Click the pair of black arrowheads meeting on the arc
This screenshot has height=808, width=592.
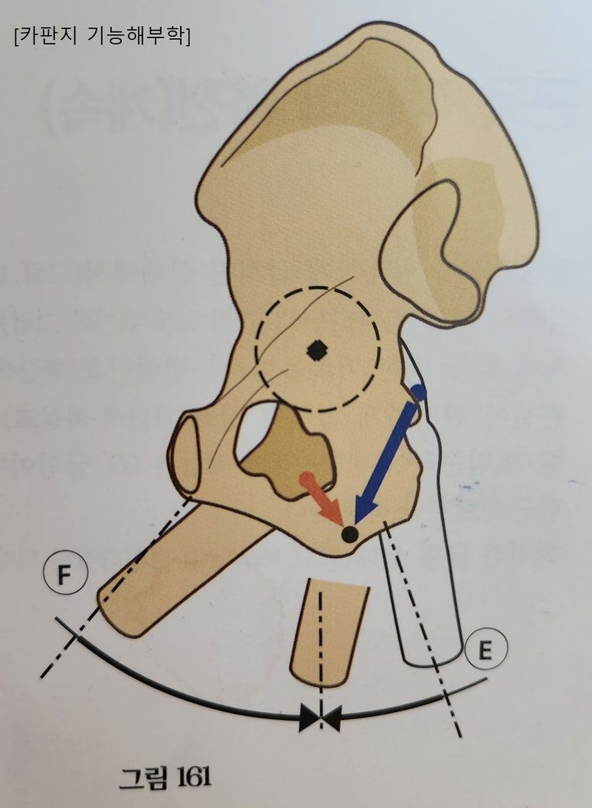pos(320,718)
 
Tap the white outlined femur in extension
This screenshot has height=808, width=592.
pos(425,583)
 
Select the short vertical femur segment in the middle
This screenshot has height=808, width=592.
pos(325,632)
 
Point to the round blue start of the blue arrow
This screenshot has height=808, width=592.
pos(418,391)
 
